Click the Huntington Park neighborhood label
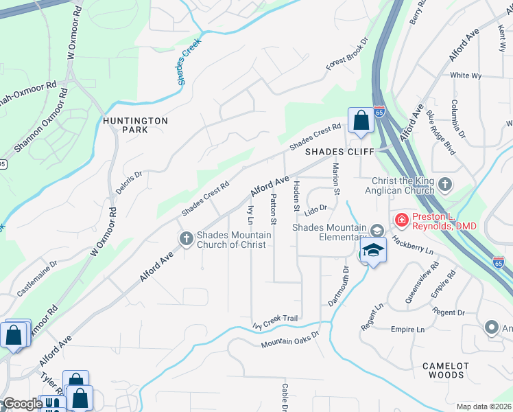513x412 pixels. [x=135, y=124]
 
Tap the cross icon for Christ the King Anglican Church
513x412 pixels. [x=446, y=184]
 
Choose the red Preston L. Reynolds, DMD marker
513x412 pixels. [x=401, y=220]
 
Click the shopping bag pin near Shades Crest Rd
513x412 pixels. [x=360, y=121]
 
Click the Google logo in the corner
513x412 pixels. [x=22, y=404]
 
